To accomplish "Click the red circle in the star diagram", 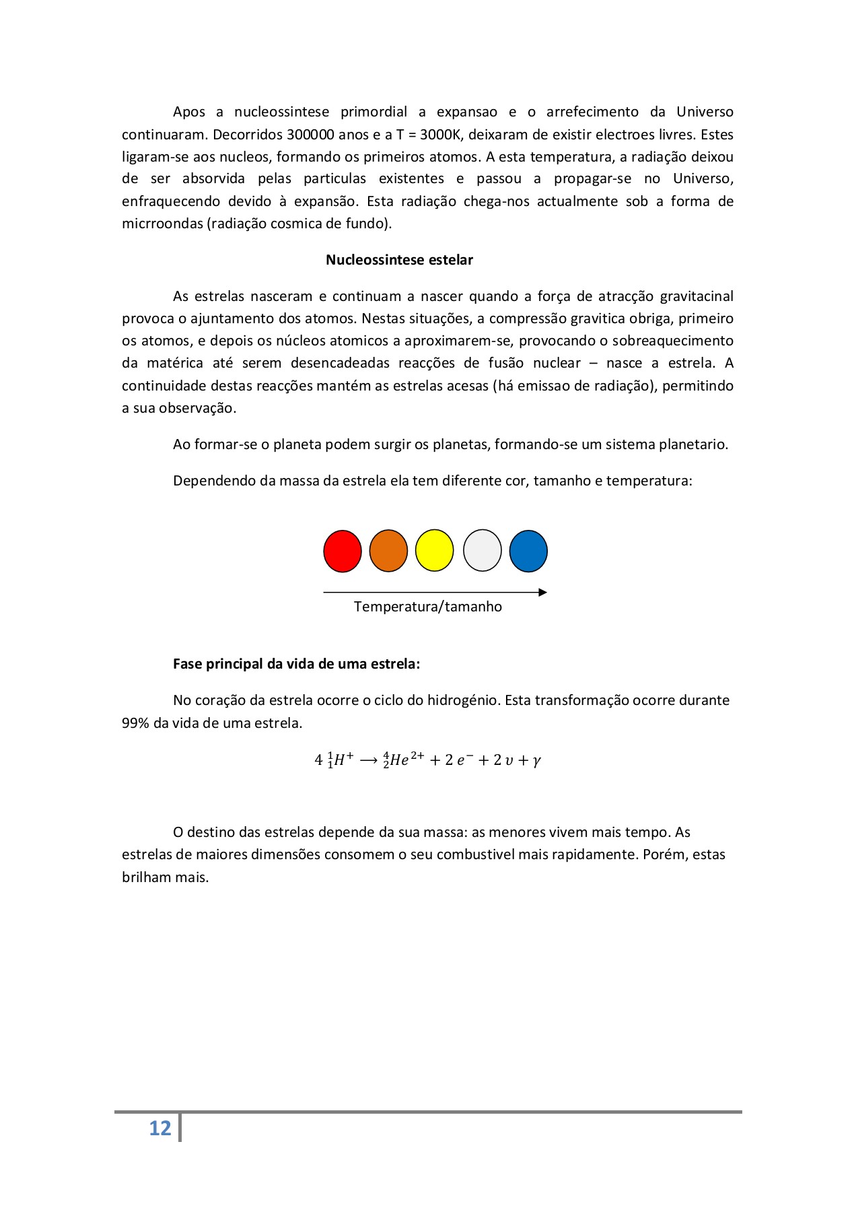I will point(343,551).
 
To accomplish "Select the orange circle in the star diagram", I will point(388,551).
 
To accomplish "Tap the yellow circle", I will point(434,551).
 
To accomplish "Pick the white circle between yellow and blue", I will point(482,551).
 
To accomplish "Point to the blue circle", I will point(528,551).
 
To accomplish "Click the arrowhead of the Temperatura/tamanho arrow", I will point(543,593).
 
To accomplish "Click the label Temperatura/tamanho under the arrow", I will point(428,607).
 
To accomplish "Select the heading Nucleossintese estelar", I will point(399,260).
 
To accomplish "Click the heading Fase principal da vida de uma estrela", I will point(296,664).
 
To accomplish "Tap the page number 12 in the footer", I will point(160,1129).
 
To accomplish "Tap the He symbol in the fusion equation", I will point(400,761).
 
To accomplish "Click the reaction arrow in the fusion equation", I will point(368,761).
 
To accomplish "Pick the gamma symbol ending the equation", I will point(536,762).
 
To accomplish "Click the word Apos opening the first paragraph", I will point(188,112).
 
